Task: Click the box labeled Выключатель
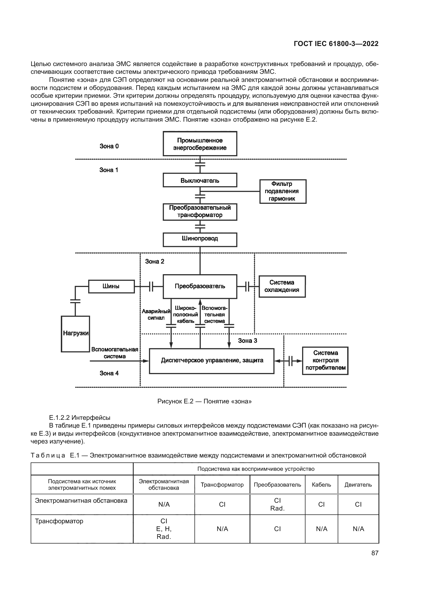(200, 180)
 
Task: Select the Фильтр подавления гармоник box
(283, 191)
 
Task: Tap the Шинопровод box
(200, 239)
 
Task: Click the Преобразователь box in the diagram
(200, 286)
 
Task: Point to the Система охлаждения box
(282, 286)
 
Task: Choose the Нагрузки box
(75, 334)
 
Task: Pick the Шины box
(111, 286)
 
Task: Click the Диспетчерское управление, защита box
(212, 361)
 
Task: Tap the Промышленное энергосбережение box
(200, 144)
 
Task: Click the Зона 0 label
(109, 146)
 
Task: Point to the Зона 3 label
(247, 341)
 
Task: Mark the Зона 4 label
(109, 373)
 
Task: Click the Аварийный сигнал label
(156, 315)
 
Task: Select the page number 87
(375, 553)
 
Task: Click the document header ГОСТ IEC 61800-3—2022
(336, 44)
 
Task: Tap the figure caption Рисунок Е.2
(204, 401)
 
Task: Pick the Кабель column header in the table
(321, 485)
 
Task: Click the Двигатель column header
(358, 485)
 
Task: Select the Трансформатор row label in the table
(59, 521)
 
